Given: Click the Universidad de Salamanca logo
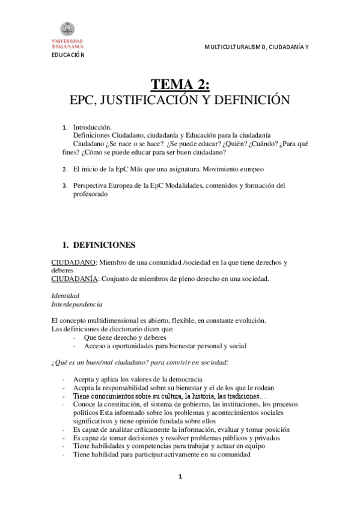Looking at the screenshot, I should pyautogui.click(x=67, y=35).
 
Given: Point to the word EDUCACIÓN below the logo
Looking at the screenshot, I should pyautogui.click(x=67, y=55).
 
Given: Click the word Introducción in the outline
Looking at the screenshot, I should pyautogui.click(x=93, y=127).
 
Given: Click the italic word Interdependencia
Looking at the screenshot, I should pyautogui.click(x=77, y=304).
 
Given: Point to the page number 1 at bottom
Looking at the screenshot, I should pyautogui.click(x=180, y=477).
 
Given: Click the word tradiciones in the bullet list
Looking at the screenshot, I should pyautogui.click(x=233, y=396).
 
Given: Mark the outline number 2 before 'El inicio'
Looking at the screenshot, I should pyautogui.click(x=65, y=170).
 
